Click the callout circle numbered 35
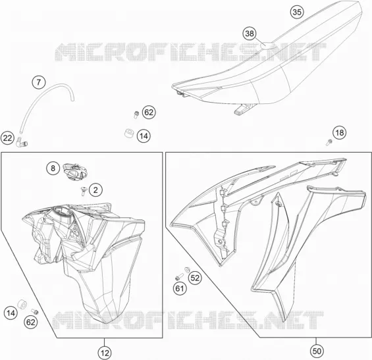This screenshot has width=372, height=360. click(x=297, y=12)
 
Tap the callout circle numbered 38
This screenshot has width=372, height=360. click(x=250, y=34)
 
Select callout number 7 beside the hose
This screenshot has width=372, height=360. click(x=39, y=82)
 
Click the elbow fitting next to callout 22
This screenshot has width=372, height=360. click(x=21, y=141)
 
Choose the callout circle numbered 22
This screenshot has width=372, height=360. click(x=7, y=138)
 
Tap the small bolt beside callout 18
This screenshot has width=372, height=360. click(x=329, y=142)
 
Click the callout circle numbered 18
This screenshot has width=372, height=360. click(x=340, y=132)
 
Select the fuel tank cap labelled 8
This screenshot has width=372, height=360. click(x=75, y=171)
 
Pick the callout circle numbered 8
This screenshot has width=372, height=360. click(x=53, y=168)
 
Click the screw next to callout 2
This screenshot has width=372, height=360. click(x=83, y=191)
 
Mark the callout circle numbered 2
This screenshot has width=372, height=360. click(x=95, y=190)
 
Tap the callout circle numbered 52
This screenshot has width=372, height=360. click(x=195, y=278)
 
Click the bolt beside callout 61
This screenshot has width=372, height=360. click(x=179, y=277)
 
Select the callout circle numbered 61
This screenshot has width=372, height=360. click(x=180, y=288)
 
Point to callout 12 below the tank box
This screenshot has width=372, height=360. click(x=105, y=353)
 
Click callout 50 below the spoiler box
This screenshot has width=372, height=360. click(x=317, y=351)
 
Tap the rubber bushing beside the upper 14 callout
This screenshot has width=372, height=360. click(x=129, y=133)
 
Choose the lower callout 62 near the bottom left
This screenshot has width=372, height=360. click(x=31, y=322)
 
